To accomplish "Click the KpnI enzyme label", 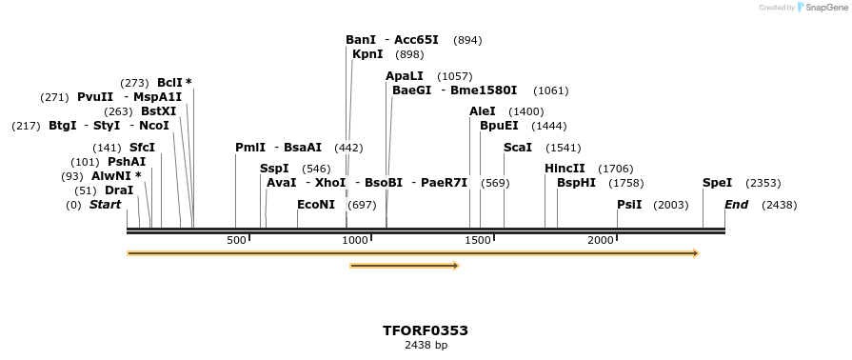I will [367, 54].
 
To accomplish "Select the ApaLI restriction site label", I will [404, 76].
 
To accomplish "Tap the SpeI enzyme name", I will [717, 183].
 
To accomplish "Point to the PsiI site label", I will [629, 205].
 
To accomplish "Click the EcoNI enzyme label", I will [316, 205].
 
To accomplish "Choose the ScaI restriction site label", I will [518, 148].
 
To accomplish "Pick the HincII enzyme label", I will [565, 169].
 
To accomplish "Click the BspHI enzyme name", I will [576, 183].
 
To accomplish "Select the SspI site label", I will [274, 169].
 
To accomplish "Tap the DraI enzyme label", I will [119, 190].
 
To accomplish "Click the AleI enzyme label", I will [483, 111].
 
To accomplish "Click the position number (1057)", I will [454, 76].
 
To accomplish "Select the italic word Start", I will [105, 205].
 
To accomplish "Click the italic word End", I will [736, 205].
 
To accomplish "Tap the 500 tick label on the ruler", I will [236, 240].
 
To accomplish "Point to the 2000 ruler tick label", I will [601, 240].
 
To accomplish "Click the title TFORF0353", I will [426, 330].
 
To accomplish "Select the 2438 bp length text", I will [426, 345].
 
